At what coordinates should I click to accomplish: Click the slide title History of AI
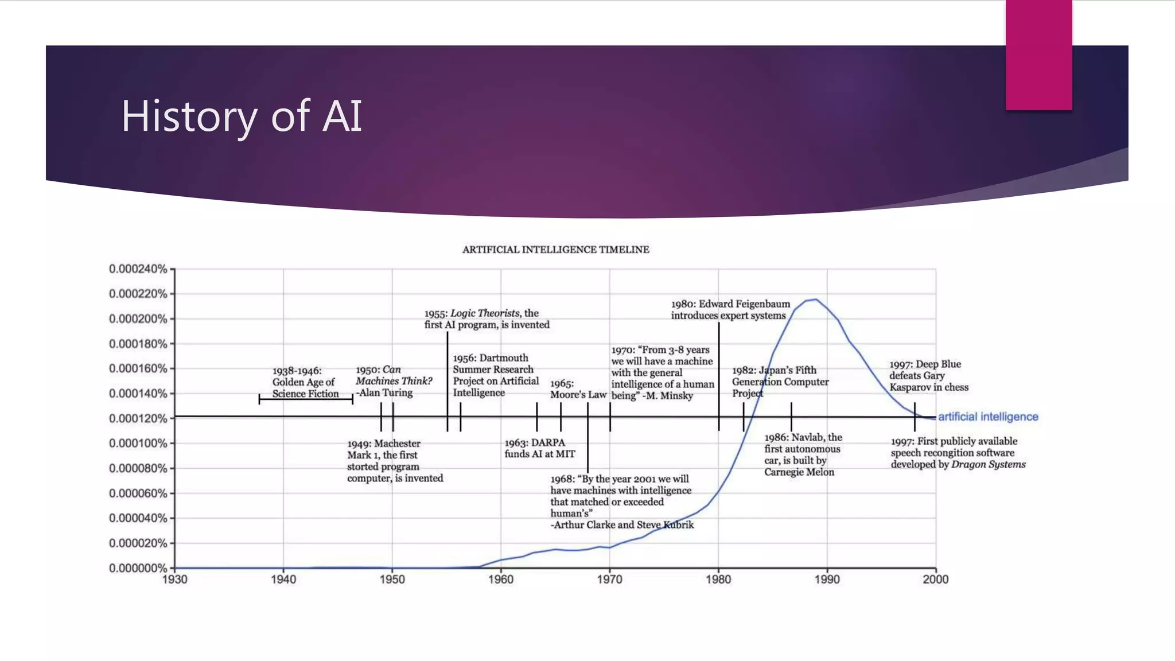click(242, 116)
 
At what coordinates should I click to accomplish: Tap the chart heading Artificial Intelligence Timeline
click(555, 250)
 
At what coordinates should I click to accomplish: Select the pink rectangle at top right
click(1038, 55)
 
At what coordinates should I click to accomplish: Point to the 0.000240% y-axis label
click(138, 269)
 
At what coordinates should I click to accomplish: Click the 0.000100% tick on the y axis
click(138, 444)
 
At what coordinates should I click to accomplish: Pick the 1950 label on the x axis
click(392, 580)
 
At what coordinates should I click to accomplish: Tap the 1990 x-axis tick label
click(827, 580)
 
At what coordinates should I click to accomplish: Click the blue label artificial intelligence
click(988, 417)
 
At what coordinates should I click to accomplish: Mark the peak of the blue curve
click(815, 300)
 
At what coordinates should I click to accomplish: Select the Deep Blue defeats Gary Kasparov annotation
click(928, 376)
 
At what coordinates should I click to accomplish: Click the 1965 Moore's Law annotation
click(578, 389)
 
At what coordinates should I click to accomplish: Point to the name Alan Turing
click(386, 393)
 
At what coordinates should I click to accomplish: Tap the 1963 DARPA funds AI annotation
click(539, 448)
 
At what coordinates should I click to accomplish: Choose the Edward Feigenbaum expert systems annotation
click(730, 310)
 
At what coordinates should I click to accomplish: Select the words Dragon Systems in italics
click(988, 464)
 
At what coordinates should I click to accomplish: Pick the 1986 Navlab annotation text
click(802, 454)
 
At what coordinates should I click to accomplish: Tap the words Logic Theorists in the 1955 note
click(485, 313)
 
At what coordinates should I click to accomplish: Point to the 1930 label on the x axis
click(174, 580)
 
